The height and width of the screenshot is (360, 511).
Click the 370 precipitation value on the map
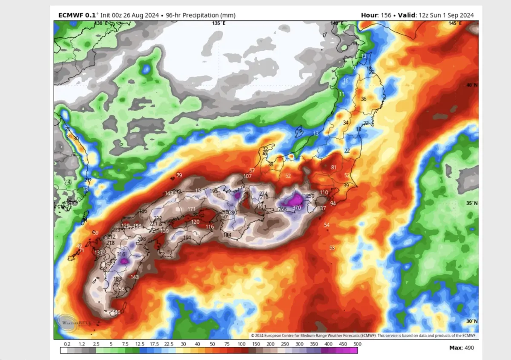pos(297,207)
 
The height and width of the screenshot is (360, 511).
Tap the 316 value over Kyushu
pos(121,254)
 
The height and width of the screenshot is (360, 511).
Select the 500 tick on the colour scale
pos(357,344)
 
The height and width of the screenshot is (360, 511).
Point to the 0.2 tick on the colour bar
pos(67,344)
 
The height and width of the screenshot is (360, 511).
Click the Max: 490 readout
pos(461,348)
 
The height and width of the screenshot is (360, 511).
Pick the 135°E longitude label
pos(218,23)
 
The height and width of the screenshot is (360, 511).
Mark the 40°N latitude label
pos(471,85)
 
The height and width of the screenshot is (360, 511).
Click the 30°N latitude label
pos(471,321)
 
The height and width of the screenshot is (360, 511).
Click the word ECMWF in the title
pos(71,15)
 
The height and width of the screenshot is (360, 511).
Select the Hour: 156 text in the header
pos(376,15)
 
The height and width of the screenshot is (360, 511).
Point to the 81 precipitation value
pos(333,168)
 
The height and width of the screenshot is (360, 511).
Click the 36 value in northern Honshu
pos(363,99)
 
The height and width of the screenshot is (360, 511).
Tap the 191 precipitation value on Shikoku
pos(187,237)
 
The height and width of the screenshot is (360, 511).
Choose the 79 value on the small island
pos(179,175)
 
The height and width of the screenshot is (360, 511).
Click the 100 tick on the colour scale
pos(241,344)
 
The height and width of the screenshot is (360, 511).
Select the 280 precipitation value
pos(233,212)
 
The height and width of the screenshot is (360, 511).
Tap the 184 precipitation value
pos(227,235)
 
